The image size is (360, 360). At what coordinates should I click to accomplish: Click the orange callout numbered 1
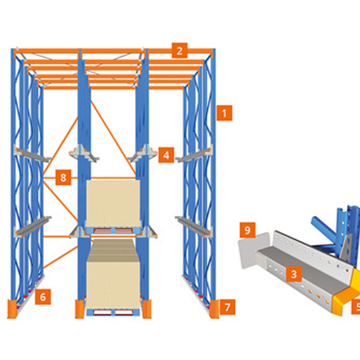(x=224, y=113)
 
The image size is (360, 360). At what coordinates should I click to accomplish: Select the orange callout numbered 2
(x=180, y=50)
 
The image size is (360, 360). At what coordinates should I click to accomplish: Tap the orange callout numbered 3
(x=294, y=274)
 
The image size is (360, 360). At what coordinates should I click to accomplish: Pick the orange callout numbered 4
(x=167, y=155)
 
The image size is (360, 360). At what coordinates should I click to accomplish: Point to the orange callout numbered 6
(x=43, y=297)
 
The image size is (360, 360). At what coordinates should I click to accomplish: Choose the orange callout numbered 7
(x=228, y=307)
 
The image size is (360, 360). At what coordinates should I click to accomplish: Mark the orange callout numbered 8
(x=63, y=177)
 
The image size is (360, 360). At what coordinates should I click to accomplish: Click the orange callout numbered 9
(x=247, y=230)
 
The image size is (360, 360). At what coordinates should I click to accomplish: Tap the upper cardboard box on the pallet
(x=113, y=203)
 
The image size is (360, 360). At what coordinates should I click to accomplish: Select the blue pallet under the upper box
(x=113, y=230)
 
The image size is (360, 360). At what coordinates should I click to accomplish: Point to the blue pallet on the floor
(x=113, y=312)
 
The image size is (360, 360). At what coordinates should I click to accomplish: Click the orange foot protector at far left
(x=12, y=309)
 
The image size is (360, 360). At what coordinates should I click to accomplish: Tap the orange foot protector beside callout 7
(x=214, y=309)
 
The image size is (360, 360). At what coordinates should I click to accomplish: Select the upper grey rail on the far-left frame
(x=32, y=153)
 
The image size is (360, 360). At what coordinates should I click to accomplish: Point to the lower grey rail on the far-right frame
(x=194, y=226)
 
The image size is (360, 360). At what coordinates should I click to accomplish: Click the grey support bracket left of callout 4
(x=143, y=153)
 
